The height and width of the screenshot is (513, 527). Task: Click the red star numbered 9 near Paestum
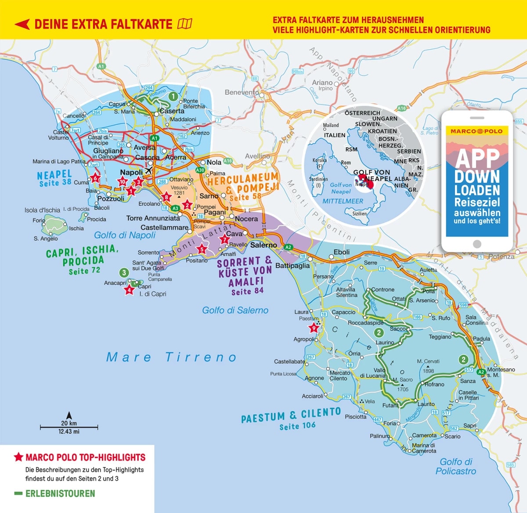[313, 328]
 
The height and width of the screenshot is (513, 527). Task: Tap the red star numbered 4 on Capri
[129, 290]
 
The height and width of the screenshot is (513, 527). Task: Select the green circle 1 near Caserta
[173, 97]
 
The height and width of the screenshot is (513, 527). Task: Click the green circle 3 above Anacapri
[124, 273]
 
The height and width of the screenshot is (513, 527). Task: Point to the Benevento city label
[242, 92]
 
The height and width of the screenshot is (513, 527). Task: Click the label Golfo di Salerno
[235, 310]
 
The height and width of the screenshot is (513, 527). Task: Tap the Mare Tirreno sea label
[171, 357]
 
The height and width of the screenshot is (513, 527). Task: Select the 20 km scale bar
[69, 427]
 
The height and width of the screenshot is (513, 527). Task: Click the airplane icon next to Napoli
[149, 170]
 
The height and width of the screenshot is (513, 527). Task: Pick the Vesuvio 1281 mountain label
[179, 190]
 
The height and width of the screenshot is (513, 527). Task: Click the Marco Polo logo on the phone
[476, 131]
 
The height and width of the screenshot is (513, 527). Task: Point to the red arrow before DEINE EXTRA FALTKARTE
[22, 24]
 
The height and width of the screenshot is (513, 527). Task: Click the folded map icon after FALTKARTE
[184, 24]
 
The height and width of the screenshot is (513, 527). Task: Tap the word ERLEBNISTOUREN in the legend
[60, 493]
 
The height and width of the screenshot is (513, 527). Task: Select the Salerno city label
[263, 245]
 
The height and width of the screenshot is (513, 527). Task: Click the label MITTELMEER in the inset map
[343, 201]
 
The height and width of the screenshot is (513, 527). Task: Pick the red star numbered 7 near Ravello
[224, 240]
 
